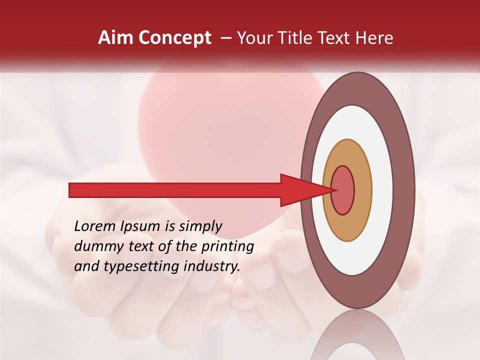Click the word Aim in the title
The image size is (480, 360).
coord(114,38)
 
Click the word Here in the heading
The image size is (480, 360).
coord(374,38)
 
